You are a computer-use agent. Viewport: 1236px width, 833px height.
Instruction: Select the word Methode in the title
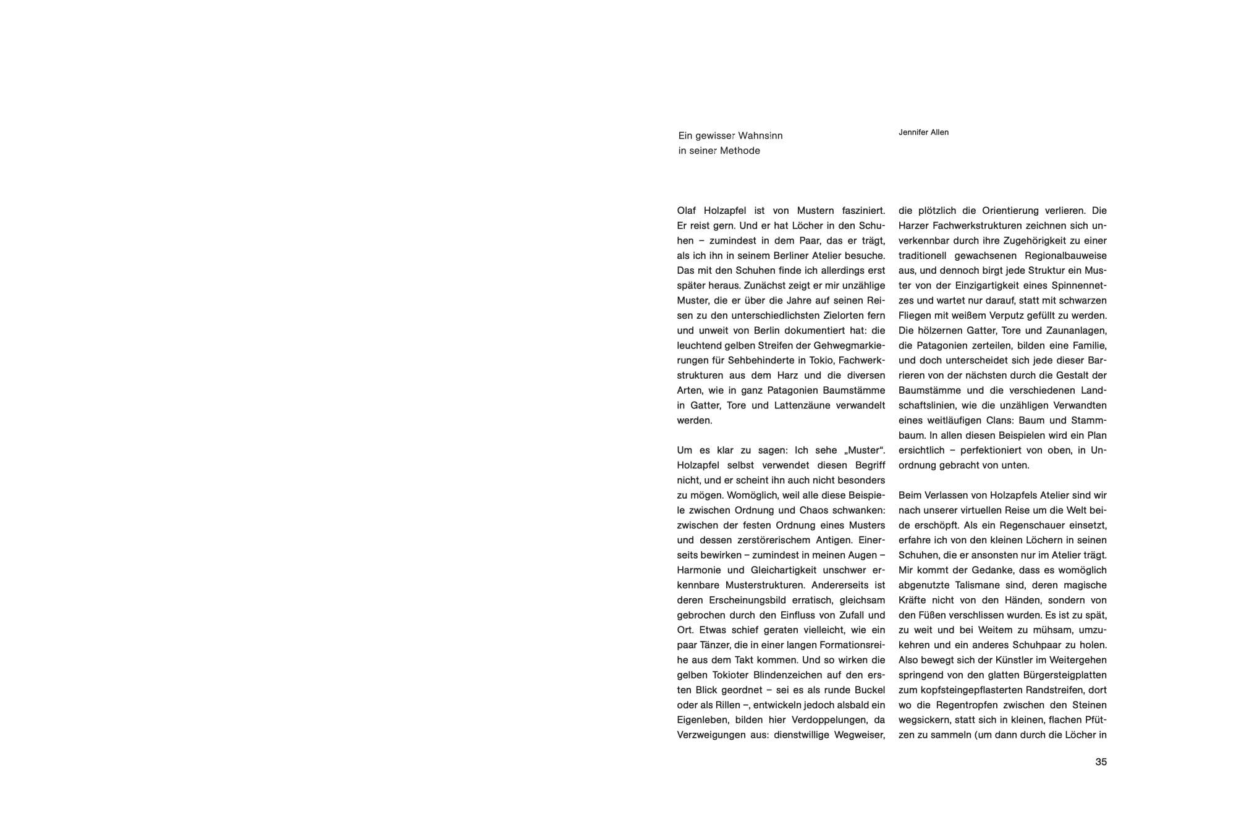click(740, 151)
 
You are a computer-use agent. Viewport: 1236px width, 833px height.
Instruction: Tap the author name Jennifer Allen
click(923, 132)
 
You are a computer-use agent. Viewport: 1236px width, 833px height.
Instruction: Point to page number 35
click(1101, 762)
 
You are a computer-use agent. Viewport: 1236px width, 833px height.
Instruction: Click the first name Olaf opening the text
click(687, 211)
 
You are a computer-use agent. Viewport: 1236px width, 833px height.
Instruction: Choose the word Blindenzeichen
click(783, 675)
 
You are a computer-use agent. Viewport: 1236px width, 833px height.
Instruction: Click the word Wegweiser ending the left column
click(860, 735)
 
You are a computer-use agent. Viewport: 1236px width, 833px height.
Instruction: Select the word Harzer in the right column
click(913, 226)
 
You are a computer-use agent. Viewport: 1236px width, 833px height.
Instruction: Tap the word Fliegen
click(915, 316)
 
